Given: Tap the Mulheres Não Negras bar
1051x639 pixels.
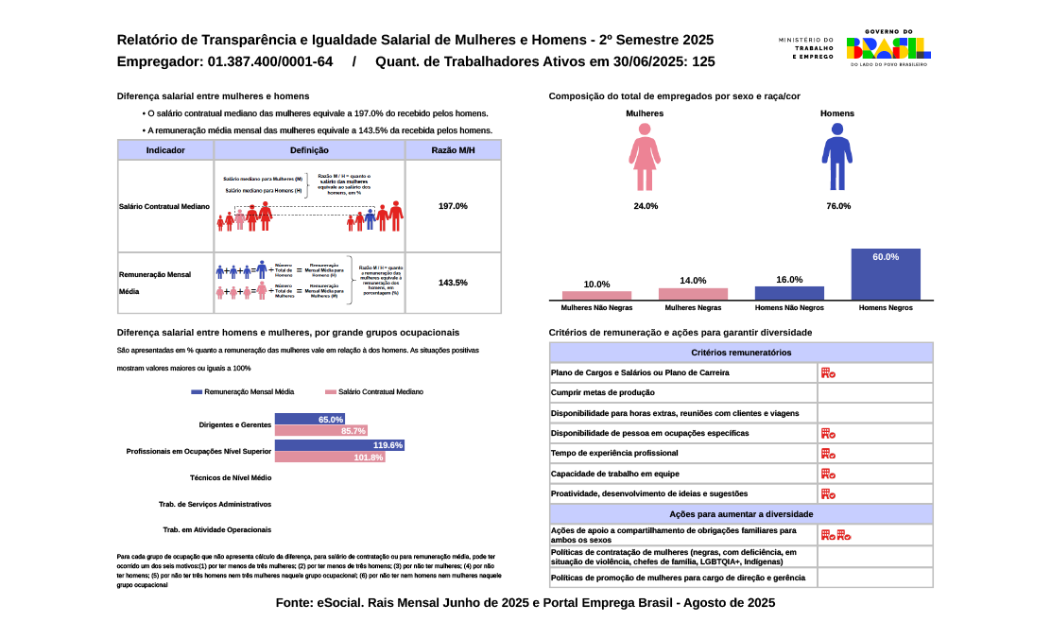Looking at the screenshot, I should [596, 295].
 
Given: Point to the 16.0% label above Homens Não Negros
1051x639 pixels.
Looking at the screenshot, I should [789, 280].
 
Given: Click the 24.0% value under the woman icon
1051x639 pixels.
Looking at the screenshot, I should [646, 206].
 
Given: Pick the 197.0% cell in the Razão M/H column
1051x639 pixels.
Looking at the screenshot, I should [453, 206].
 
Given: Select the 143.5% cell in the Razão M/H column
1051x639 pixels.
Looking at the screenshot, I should [453, 283].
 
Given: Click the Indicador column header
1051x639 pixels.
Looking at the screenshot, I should [165, 150].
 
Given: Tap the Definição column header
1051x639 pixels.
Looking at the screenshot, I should [309, 150].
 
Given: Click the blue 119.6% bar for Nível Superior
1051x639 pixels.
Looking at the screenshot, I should [339, 445].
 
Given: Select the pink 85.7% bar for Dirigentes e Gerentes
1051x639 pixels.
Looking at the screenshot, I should [321, 431].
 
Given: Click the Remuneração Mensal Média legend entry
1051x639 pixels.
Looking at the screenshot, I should [242, 391].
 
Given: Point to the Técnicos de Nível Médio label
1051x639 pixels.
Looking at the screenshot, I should [231, 478].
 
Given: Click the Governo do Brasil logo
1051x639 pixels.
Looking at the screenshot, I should [887, 46].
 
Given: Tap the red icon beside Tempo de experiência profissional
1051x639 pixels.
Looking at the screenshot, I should [827, 454].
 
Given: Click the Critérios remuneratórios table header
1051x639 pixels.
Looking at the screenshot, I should [741, 353].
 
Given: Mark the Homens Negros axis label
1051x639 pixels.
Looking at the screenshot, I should [886, 308].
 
